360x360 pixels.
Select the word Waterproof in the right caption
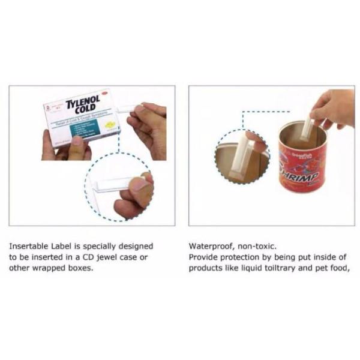[209, 246]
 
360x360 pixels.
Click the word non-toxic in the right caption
[251, 246]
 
